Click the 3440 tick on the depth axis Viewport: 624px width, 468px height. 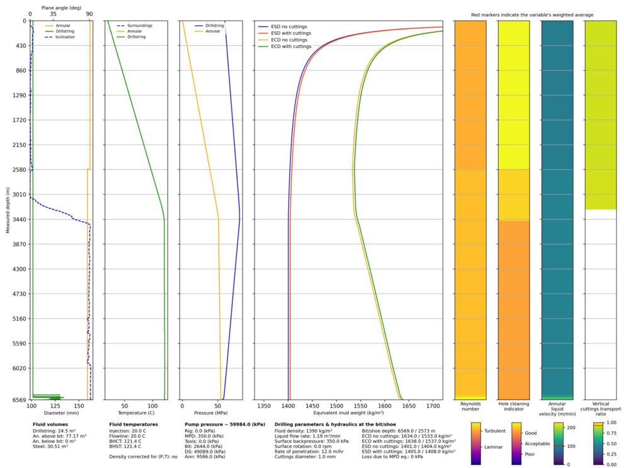pos(18,219)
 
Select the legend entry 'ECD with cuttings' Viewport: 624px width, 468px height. pos(290,47)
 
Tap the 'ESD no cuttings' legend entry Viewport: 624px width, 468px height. pos(288,27)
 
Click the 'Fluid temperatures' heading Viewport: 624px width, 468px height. pos(133,425)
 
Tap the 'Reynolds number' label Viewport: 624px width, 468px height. pos(470,408)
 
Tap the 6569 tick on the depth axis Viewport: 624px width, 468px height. pos(18,399)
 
